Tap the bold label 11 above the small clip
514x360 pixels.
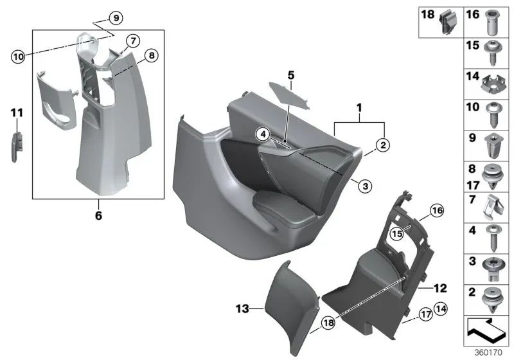17,113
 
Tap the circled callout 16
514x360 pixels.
437,210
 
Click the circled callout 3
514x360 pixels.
364,186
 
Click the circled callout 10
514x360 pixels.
17,56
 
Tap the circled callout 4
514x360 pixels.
262,134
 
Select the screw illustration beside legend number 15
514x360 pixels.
493,51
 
